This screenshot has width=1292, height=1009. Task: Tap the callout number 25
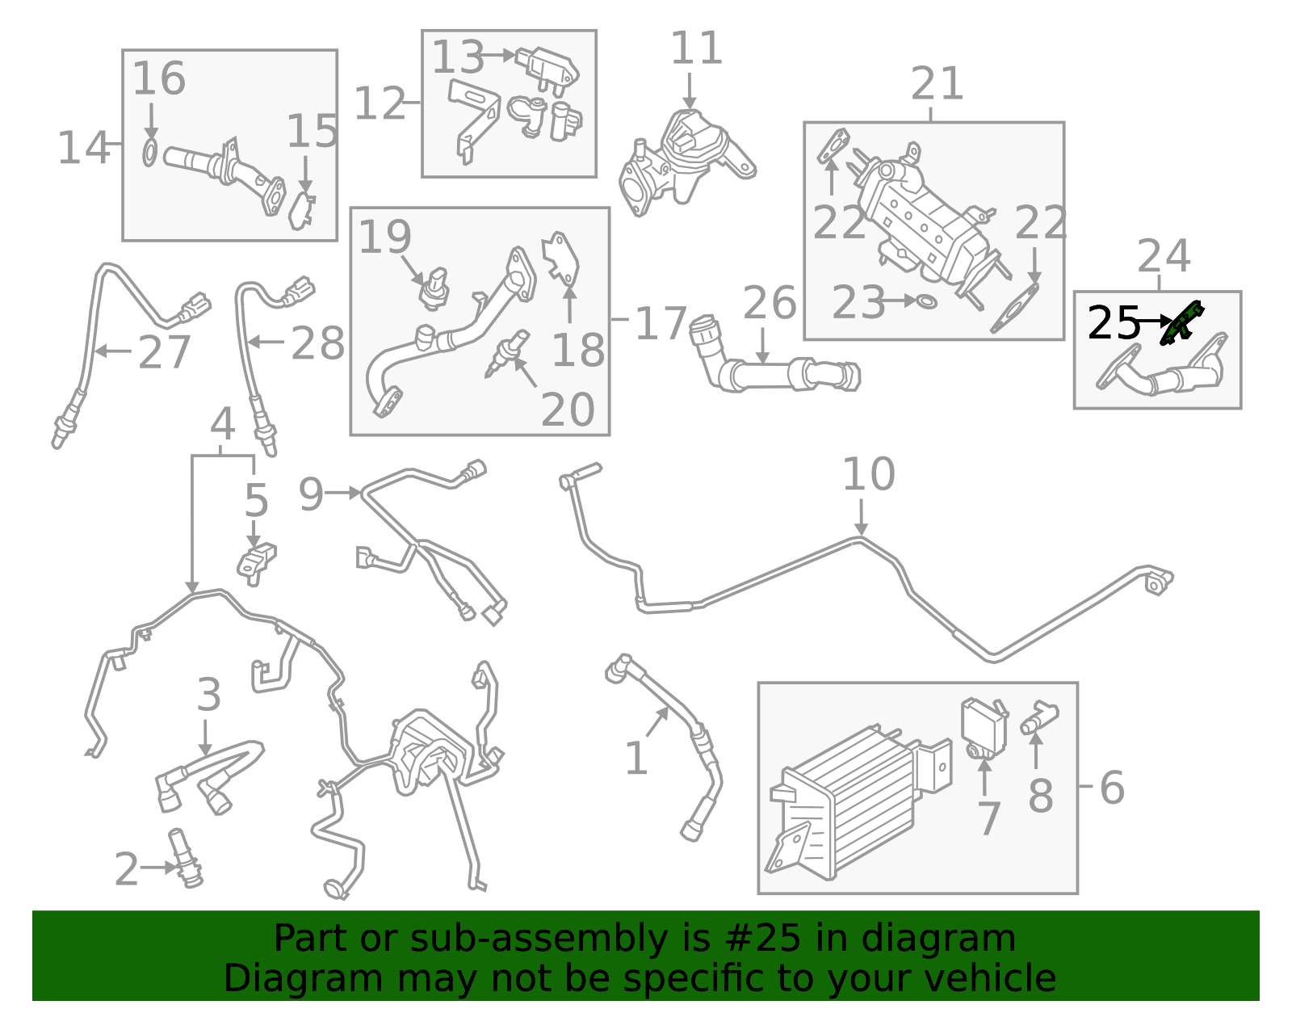[1114, 323]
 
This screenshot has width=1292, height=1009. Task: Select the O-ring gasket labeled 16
[150, 153]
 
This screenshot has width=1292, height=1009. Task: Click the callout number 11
[696, 48]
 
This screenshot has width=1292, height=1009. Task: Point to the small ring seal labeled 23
[927, 302]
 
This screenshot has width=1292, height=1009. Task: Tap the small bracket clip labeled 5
[257, 561]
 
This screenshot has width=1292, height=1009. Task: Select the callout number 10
[868, 474]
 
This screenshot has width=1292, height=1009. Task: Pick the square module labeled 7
[983, 726]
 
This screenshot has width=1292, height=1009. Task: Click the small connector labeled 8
[1039, 717]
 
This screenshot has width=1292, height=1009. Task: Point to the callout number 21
[937, 84]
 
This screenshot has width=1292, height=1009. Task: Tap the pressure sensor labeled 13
[548, 66]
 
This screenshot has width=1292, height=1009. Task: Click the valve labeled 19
[434, 289]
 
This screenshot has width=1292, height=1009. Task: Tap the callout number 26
[769, 303]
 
